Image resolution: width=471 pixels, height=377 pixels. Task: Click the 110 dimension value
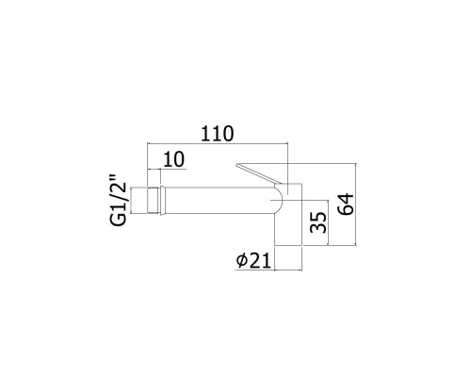218,134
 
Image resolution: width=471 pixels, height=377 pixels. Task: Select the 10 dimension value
173,159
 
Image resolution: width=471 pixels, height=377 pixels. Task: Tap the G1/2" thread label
119,204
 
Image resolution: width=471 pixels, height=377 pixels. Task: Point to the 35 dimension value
318,222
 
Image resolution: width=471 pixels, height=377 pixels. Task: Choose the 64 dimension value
346,205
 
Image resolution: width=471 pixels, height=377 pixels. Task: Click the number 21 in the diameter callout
261,261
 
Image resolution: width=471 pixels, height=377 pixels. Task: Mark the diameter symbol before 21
242,261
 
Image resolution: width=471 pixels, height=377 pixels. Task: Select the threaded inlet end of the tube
154,201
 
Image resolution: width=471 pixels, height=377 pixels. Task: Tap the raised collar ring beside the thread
162,201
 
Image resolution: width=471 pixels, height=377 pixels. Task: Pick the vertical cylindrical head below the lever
288,214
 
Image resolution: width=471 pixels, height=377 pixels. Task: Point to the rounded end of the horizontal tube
279,201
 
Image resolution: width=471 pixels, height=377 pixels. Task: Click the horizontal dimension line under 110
218,143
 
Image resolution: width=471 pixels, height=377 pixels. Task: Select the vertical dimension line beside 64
356,205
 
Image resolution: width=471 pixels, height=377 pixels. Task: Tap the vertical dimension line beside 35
328,222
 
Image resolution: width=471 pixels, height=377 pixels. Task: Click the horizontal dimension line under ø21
268,270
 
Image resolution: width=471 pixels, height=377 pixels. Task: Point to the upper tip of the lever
236,164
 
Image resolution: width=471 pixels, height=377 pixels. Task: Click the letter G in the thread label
119,220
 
